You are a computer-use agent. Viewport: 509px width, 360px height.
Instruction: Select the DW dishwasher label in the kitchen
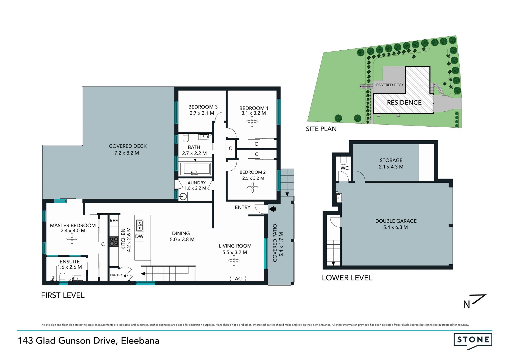coord(139,236)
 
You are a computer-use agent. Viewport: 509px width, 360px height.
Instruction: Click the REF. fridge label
coord(114,220)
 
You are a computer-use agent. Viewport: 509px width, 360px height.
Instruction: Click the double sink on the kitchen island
coord(140,225)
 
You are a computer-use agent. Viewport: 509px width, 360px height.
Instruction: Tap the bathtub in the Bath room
coord(195,169)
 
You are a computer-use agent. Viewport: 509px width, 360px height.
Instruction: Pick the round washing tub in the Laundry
coord(183,197)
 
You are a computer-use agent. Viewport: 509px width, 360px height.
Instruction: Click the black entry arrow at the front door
coord(273,209)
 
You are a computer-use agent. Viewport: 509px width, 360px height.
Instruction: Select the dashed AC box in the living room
coord(238,278)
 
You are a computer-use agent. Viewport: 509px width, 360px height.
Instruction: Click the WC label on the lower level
coord(345,168)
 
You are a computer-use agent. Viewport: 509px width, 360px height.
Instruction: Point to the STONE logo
coord(473,341)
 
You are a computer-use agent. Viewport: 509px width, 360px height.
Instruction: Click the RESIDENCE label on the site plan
coord(404,103)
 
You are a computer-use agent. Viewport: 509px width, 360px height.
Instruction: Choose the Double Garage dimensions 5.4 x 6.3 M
coord(396,227)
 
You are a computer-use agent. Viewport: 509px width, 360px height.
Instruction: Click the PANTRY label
coord(116,275)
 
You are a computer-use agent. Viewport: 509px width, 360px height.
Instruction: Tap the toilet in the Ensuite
coord(62,277)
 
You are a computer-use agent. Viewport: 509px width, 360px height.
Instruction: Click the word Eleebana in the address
coord(140,341)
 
